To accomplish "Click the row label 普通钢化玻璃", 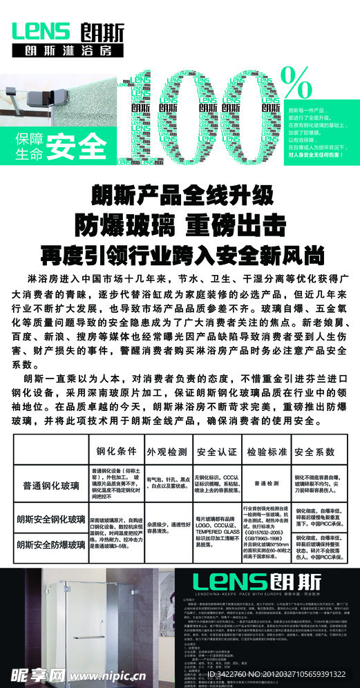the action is coord(50,484).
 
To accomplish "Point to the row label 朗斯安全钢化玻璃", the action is coord(50,520).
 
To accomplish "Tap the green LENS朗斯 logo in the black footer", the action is coord(256,581).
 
